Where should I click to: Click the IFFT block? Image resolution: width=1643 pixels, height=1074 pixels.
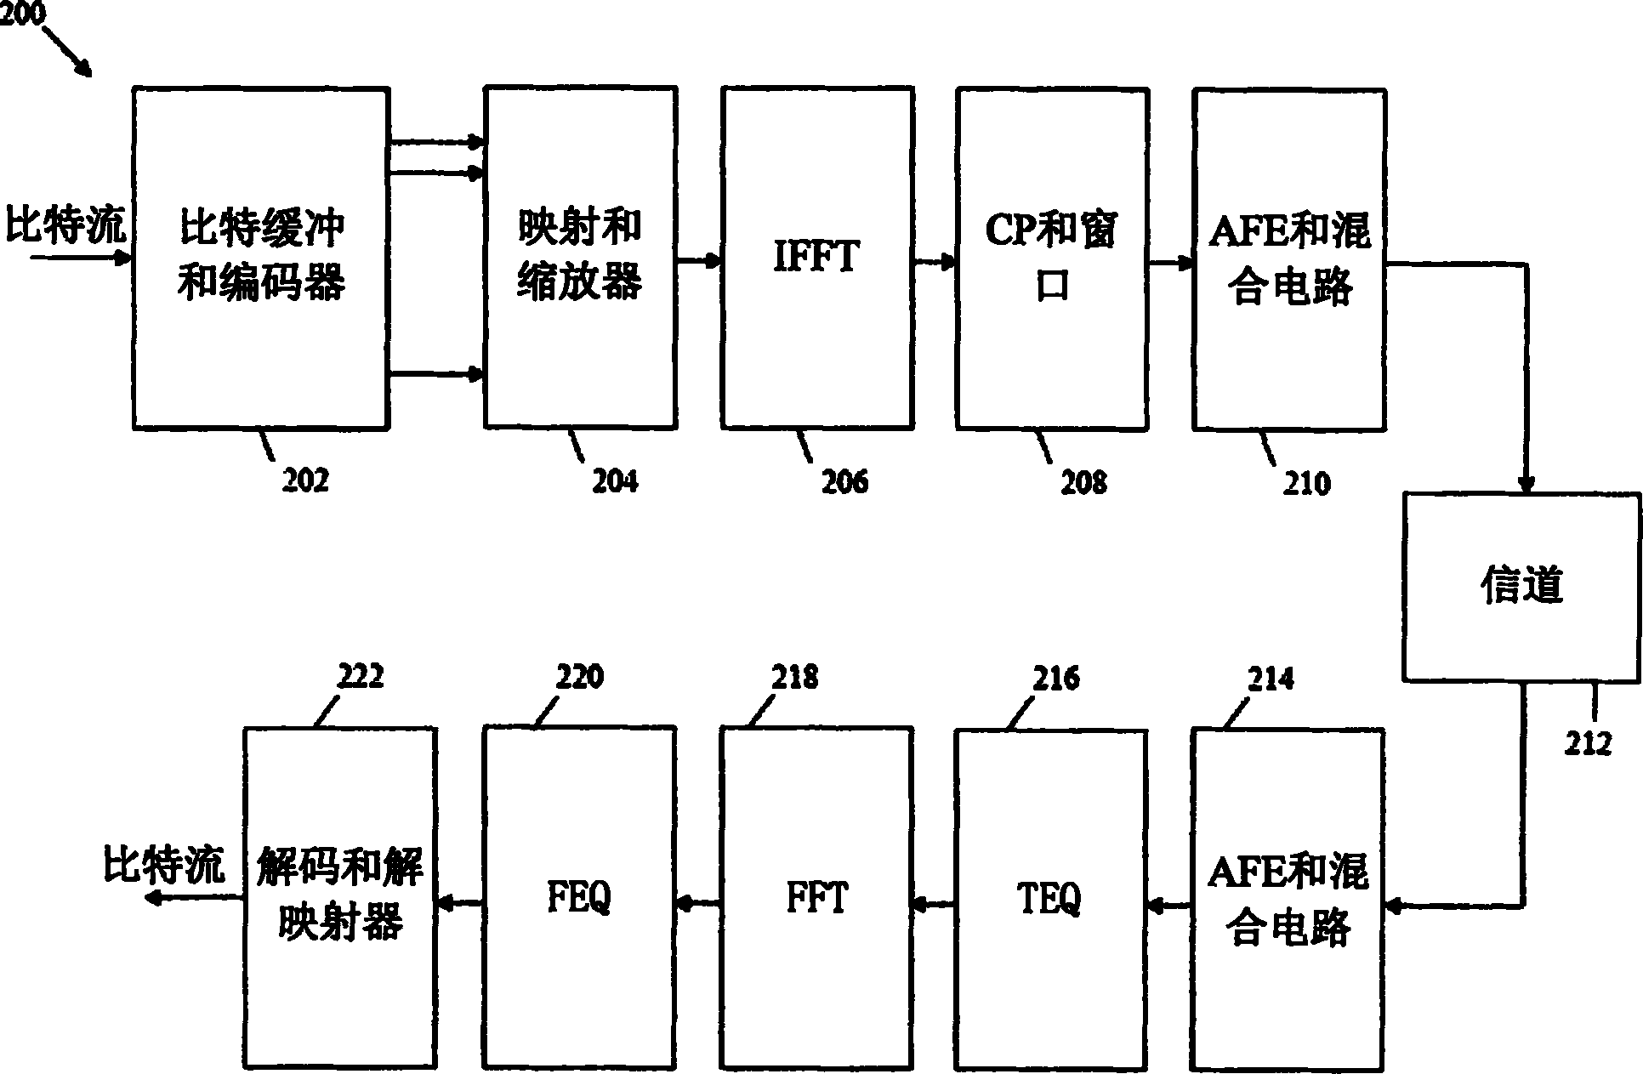817,258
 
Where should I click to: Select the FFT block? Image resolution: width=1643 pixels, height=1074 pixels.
817,898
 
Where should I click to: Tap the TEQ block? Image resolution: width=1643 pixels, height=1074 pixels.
1050,898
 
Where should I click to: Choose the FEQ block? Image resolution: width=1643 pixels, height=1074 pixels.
579,898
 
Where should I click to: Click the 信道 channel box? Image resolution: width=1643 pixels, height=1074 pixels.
1521,587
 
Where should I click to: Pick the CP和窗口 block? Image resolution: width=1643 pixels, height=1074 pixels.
1051,258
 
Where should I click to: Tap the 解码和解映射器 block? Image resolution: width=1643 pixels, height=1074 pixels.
340,898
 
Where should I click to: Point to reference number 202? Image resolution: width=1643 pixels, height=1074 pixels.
305,480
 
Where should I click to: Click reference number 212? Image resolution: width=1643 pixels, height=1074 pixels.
1588,744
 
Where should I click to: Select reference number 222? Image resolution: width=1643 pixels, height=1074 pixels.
361,677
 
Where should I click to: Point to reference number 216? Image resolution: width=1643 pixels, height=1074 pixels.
1056,679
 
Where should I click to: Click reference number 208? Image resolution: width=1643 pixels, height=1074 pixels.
1084,482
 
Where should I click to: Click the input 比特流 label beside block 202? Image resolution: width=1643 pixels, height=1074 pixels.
65,225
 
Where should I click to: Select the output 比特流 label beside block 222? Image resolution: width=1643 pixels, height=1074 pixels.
163,865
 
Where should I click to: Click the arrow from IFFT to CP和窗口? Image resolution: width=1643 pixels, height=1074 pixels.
935,263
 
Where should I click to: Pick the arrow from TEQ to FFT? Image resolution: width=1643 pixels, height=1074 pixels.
934,905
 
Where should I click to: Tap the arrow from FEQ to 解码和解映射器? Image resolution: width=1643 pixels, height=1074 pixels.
460,905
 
